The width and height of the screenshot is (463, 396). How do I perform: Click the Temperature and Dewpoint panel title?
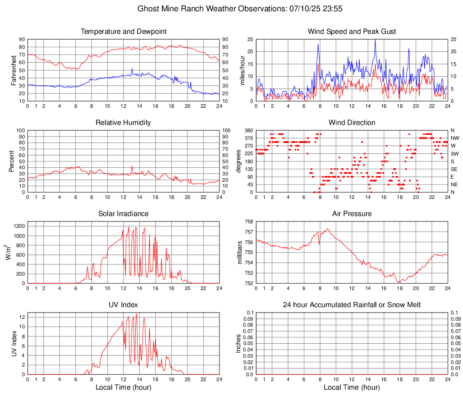click(124, 32)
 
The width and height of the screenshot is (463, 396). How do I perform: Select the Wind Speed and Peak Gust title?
click(352, 32)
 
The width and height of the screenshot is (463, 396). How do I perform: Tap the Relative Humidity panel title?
click(124, 123)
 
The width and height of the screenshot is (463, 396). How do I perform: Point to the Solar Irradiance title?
click(124, 214)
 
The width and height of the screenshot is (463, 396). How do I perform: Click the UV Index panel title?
click(124, 305)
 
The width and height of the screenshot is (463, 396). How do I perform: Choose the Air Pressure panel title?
click(352, 214)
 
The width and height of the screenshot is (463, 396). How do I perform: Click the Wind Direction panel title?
click(352, 123)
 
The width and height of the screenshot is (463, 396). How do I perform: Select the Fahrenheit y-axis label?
click(14, 70)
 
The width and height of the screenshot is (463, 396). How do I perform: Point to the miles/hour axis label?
click(242, 70)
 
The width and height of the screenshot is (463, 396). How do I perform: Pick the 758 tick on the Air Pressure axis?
click(248, 222)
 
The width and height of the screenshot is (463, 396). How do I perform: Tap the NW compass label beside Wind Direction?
click(454, 138)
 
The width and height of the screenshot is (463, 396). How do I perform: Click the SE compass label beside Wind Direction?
click(454, 169)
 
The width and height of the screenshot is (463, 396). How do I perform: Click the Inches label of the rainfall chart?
click(239, 344)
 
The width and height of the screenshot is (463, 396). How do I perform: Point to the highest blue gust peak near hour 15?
click(375, 40)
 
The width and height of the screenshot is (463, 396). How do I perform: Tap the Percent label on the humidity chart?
click(12, 161)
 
